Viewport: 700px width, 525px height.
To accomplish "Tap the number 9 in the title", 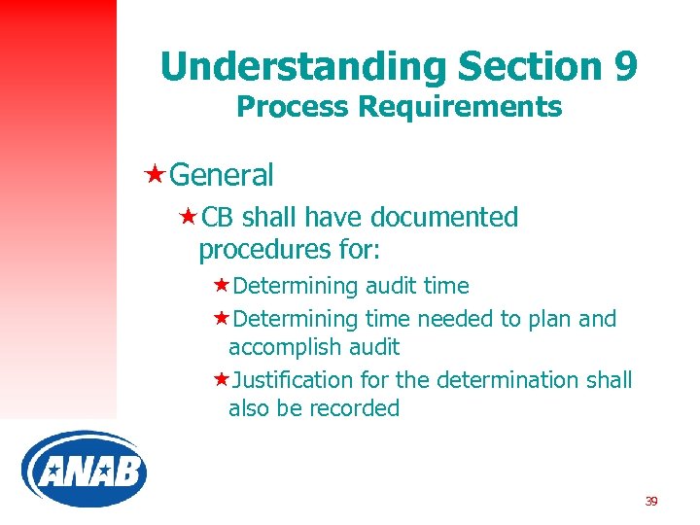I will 625,66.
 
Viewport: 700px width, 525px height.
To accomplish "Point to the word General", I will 221,175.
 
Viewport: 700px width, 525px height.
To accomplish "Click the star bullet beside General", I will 154,175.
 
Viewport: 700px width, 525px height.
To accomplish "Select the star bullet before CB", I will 188,217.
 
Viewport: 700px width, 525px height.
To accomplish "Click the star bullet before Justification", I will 221,379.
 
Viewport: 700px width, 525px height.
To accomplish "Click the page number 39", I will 651,502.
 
